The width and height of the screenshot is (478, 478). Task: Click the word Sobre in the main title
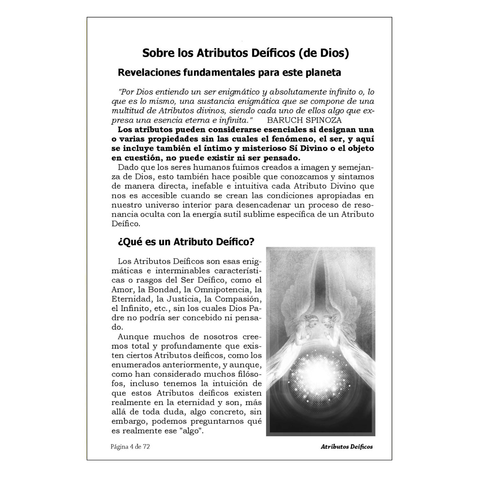156,53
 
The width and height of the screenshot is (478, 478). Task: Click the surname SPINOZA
324,120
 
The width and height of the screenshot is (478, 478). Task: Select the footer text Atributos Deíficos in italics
347,447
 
